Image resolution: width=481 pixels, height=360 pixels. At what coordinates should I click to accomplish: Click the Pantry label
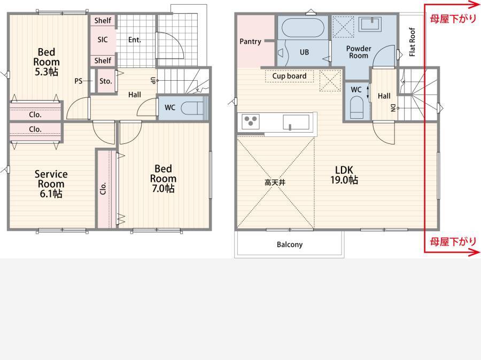pos(250,41)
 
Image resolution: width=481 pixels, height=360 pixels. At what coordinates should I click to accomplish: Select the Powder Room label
pos(359,52)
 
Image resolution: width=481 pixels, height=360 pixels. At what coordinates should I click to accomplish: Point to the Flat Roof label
pos(412,42)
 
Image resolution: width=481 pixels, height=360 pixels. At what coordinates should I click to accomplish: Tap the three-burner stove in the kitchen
pos(251,121)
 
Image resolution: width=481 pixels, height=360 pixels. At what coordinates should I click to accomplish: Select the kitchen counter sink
pos(296,122)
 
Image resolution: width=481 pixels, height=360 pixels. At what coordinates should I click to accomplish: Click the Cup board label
pos(289,76)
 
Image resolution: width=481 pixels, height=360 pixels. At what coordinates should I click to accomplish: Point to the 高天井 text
pos(275,182)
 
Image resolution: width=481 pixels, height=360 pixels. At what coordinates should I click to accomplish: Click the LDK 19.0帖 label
pos(344,175)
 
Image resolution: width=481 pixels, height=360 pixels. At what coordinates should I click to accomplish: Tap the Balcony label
pos(290,244)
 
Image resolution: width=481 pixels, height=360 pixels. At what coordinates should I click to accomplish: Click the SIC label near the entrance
pos(103,40)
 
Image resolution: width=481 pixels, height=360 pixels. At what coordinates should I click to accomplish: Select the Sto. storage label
pos(105,81)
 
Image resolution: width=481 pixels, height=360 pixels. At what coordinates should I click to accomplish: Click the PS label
pos(79,81)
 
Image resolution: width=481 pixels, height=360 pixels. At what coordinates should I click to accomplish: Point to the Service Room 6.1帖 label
pos(51,184)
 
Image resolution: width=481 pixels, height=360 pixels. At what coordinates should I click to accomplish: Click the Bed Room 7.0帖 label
pos(163,178)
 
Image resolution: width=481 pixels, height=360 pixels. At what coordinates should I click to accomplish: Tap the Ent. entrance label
pos(135,40)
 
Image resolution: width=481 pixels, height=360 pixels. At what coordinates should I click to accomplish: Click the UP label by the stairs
pos(153,80)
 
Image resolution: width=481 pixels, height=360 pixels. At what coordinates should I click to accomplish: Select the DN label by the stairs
pos(393,108)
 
